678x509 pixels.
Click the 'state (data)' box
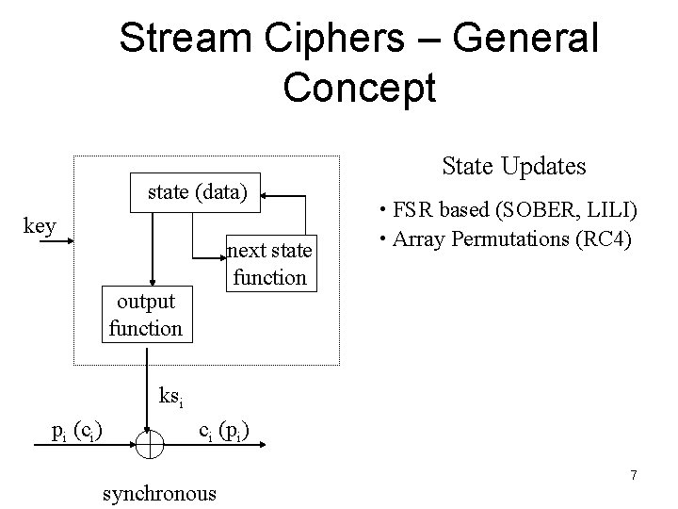198,194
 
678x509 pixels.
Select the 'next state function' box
269,264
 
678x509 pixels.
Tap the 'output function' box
145,315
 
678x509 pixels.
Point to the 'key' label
40,226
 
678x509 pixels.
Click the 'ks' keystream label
169,397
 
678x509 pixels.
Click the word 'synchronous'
158,492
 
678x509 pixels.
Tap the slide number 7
633,475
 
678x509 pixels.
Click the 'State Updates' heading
513,166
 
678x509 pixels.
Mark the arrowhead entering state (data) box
266,195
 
